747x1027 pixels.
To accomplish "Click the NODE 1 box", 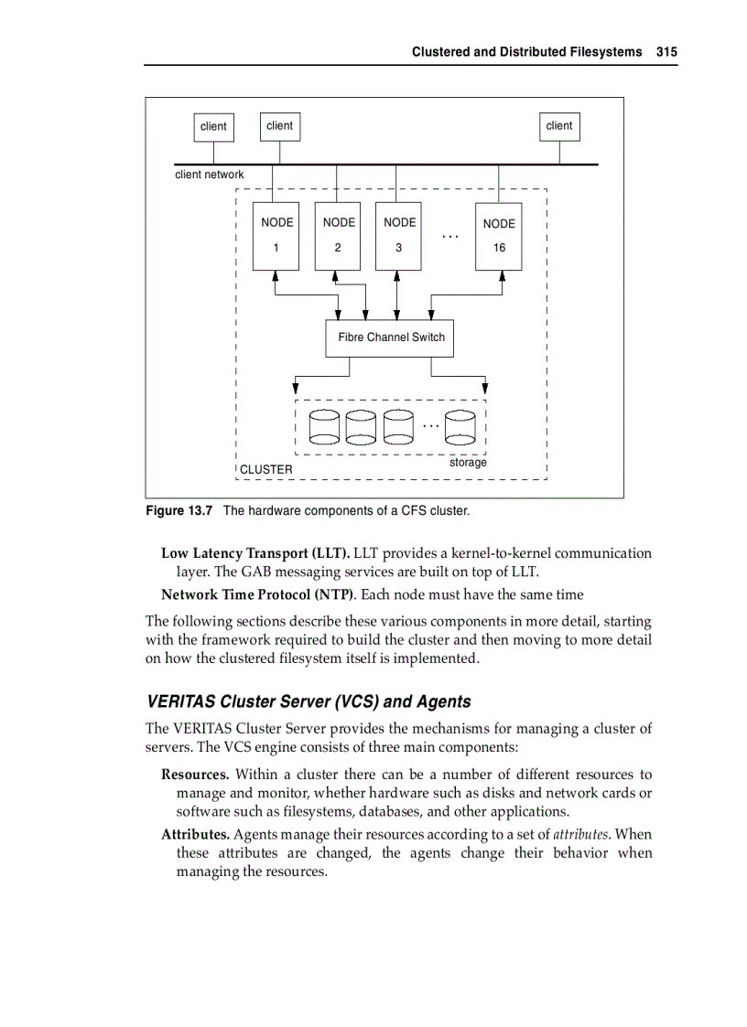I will tap(276, 236).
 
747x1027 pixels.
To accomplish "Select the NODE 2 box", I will tap(337, 236).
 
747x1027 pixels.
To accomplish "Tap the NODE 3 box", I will tap(398, 236).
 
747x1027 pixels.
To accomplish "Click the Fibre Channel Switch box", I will tap(390, 337).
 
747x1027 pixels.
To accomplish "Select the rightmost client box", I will tap(558, 126).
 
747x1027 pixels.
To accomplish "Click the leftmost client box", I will tap(213, 127).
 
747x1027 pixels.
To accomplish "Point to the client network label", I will tap(210, 175).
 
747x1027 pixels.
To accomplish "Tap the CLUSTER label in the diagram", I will tap(266, 469).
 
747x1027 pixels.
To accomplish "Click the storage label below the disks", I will tap(468, 463).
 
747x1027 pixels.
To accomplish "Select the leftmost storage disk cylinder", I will tap(324, 424).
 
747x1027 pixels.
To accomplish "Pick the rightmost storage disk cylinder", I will tap(460, 424).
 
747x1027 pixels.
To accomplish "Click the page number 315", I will tap(666, 52).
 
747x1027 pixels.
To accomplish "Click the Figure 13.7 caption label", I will tap(179, 510).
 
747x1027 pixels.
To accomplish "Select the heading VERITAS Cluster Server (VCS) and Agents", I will tap(309, 701).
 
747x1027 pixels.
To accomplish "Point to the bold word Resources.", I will tap(194, 775).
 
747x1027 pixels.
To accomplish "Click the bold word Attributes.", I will tap(195, 834).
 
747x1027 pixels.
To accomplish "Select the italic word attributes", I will tap(580, 834).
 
